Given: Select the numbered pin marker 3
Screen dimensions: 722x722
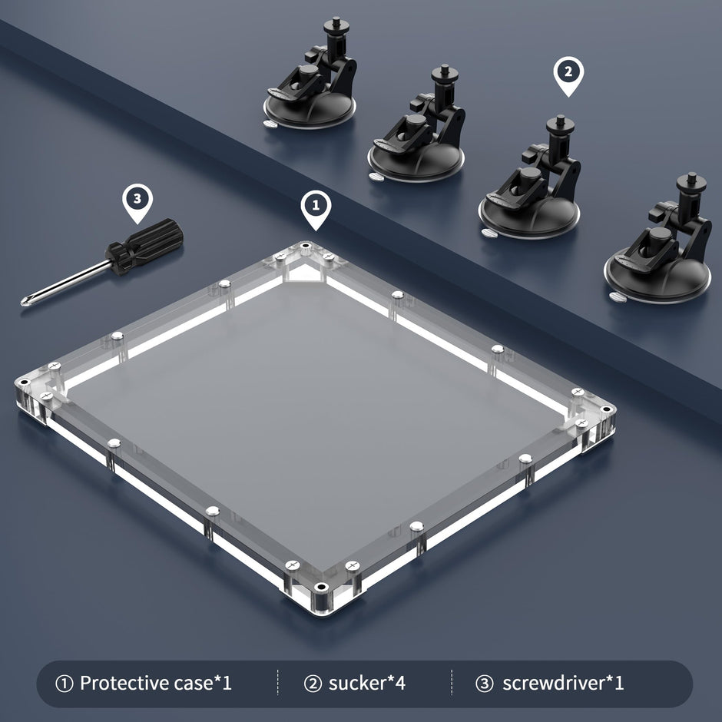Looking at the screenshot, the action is tap(137, 203).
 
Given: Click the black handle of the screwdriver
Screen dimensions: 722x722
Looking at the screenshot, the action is tap(144, 247).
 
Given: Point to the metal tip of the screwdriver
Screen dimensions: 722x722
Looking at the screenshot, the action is tap(24, 302).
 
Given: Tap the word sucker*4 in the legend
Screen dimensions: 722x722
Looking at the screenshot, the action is tap(367, 683).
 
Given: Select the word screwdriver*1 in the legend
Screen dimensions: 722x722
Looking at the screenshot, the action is tap(563, 683).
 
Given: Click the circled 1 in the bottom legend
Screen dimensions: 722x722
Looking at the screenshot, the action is tap(64, 684).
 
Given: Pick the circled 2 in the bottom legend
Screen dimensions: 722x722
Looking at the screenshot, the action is tap(313, 684).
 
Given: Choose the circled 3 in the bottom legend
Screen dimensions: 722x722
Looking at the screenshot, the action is tap(484, 684).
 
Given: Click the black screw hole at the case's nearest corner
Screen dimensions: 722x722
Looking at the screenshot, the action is tap(321, 587).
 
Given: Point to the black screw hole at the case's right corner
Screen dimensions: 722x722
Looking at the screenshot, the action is tap(606, 409).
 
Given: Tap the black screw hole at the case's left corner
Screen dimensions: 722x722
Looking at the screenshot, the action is tap(24, 382).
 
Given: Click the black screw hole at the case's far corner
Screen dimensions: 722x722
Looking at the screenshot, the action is tap(305, 246).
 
